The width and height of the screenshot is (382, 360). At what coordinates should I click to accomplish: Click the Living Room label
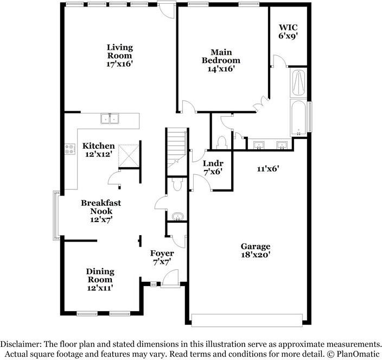point(120,52)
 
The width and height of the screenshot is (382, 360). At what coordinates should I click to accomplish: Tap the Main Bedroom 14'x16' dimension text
point(221,69)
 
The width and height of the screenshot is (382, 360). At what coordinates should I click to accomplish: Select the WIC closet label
point(288,27)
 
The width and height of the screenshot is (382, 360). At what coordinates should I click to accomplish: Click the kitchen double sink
point(110,119)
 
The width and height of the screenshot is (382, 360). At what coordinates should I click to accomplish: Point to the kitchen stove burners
point(69,149)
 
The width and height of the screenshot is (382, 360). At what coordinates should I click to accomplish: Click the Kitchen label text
point(98,146)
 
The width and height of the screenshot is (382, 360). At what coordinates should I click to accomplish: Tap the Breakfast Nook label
point(101,207)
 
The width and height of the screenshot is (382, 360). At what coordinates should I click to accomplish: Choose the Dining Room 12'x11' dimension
point(100,288)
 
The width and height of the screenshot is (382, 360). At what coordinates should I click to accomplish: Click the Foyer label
point(162,253)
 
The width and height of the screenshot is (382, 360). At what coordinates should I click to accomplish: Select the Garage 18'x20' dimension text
point(256,255)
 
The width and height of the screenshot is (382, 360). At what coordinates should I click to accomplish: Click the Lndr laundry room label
point(213,163)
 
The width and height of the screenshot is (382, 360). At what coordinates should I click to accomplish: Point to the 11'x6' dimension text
point(268,168)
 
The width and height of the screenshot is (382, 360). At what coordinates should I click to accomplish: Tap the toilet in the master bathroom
point(222,143)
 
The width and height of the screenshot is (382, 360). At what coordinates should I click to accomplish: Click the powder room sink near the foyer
point(178,217)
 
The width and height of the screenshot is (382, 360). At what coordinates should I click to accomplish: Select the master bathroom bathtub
point(298,117)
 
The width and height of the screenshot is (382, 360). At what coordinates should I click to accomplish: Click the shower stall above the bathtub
point(298,83)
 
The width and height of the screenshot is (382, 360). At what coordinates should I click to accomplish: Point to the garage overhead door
point(247,320)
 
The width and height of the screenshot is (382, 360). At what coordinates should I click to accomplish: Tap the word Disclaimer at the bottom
point(21,344)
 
